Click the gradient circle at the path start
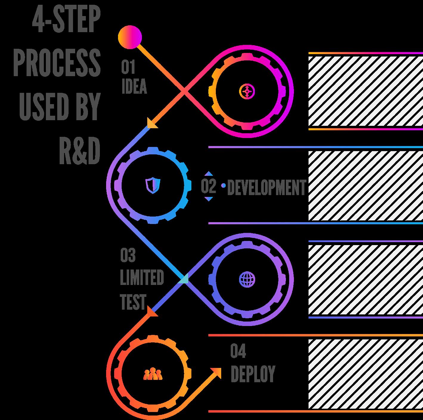point(130,37)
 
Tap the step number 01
point(128,67)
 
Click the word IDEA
point(134,87)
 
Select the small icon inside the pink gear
point(247,91)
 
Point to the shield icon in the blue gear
point(153,185)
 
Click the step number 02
point(208,187)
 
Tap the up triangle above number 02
point(209,173)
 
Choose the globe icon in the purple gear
point(247,279)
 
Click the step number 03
point(128,255)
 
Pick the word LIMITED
point(142,278)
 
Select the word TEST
point(133,302)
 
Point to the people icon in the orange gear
point(153,374)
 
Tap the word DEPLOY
point(253,374)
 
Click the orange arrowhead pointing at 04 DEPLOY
point(216,373)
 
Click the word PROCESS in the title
point(57,63)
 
